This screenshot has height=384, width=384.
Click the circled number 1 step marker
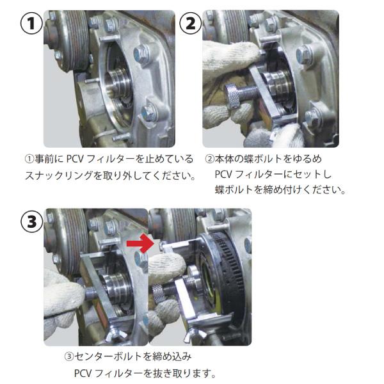pos(31,24)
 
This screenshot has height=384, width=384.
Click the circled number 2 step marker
pos(191,24)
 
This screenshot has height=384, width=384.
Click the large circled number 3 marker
pos(32,222)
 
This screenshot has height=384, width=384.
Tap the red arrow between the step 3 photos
pos(140,243)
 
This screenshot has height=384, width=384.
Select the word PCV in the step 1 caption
pos(74,159)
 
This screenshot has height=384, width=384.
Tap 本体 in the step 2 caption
pos(225,159)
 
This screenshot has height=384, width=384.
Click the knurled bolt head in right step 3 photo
pos(158,294)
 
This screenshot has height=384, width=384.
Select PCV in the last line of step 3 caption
pos(83,374)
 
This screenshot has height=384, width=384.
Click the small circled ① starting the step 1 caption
pos(29,159)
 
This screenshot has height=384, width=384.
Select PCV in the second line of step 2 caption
pos(223,174)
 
